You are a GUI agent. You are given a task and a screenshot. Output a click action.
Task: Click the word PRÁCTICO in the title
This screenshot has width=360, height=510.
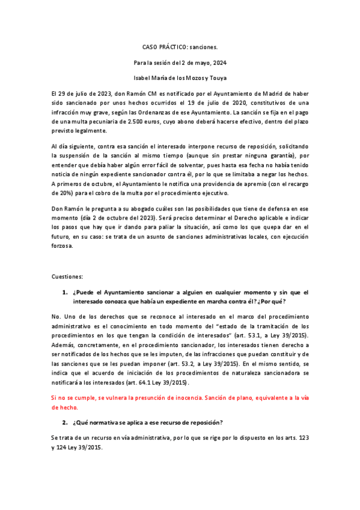(170, 46)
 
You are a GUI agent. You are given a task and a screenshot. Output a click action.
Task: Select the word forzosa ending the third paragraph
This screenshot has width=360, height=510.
(62, 245)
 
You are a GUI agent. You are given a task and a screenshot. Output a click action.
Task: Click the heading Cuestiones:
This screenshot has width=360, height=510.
(66, 277)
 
